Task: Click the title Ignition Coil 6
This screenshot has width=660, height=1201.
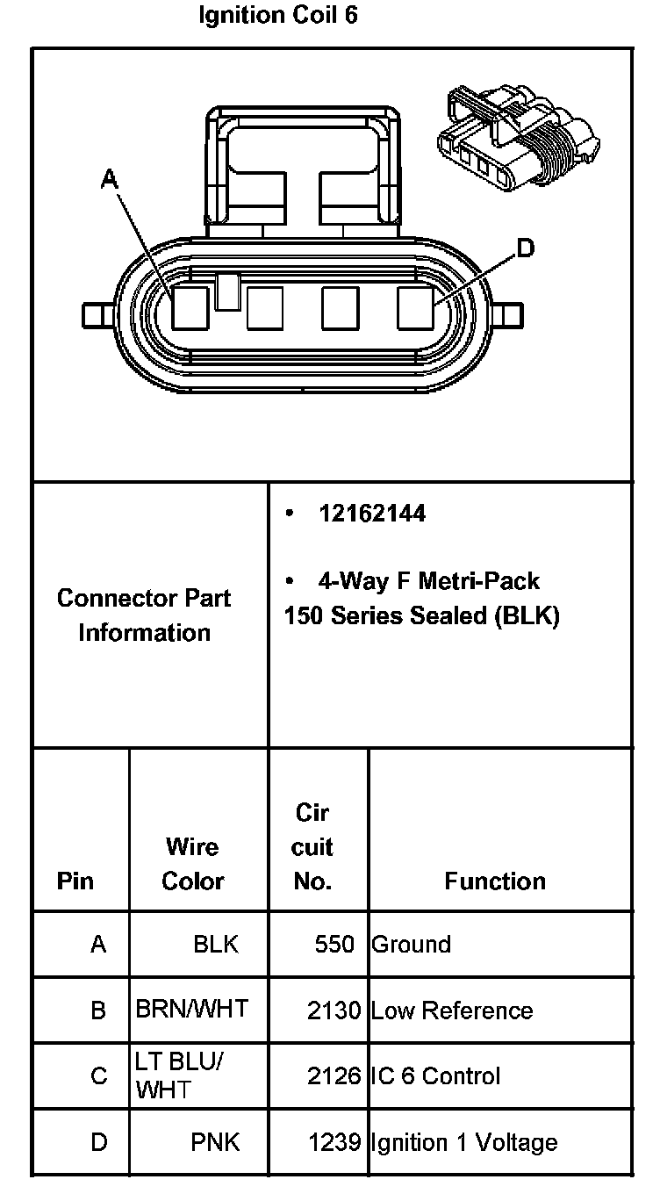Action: tap(277, 16)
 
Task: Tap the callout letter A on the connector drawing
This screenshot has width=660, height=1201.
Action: tap(110, 179)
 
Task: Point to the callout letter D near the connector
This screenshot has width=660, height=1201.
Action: tap(525, 248)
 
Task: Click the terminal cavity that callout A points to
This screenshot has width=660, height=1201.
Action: tap(190, 308)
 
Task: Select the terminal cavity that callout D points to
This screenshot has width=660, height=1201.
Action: tap(415, 308)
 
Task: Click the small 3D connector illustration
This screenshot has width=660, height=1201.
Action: tap(519, 137)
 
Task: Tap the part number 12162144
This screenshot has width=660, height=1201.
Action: tap(372, 514)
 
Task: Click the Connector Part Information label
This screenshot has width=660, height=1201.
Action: tap(144, 615)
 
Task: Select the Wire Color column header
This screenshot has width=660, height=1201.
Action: tap(192, 863)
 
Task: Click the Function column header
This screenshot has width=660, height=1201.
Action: tap(495, 881)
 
